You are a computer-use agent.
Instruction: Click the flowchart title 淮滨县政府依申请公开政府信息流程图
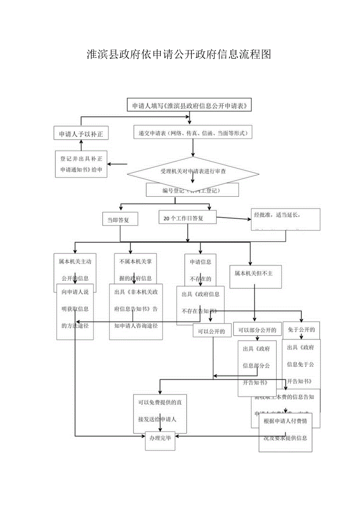[x=179, y=54]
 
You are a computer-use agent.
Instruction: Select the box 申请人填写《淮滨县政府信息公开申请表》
[x=189, y=106]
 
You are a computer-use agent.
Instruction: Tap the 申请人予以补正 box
[x=81, y=134]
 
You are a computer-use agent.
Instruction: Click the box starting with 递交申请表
[x=193, y=133]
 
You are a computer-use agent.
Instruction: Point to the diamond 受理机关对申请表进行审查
[x=193, y=171]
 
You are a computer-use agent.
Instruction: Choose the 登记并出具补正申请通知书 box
[x=81, y=164]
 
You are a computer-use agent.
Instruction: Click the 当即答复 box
[x=120, y=219]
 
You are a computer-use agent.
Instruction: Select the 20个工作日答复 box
[x=187, y=218]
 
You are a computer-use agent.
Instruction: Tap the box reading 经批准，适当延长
[x=285, y=219]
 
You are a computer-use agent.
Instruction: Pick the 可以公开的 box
[x=211, y=331]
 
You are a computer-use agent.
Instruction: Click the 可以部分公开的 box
[x=257, y=330]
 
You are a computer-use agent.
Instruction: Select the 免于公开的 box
[x=301, y=329]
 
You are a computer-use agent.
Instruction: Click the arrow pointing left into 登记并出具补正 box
[x=117, y=164]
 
